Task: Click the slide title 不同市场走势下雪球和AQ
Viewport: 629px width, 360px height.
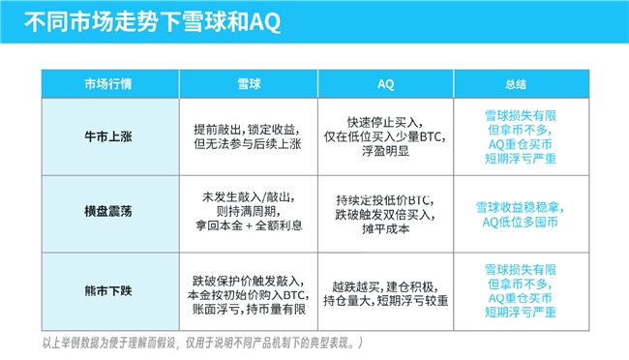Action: tap(153, 21)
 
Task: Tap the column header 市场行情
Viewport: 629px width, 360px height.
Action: tap(108, 84)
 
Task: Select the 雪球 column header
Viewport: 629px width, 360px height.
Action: tap(249, 84)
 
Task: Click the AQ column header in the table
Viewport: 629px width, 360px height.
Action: tap(385, 84)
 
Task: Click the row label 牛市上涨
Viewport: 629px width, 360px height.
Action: tap(108, 136)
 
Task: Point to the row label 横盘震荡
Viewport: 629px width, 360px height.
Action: tap(108, 212)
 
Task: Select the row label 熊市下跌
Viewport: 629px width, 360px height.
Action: tap(108, 290)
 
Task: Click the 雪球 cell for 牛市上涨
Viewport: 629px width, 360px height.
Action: tap(248, 136)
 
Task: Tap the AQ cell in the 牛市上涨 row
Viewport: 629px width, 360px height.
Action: tap(385, 136)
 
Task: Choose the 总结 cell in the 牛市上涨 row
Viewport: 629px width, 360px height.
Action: tap(521, 136)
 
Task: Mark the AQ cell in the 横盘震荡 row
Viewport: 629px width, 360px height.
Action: tap(385, 214)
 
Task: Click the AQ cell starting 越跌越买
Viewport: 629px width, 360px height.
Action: tap(385, 294)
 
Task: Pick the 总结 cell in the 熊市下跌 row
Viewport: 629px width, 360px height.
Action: tap(521, 290)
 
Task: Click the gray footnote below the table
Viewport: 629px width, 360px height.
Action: tap(202, 343)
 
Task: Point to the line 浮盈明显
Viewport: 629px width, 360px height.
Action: tap(385, 151)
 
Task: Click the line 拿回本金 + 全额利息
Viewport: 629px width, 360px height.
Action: tap(249, 225)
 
